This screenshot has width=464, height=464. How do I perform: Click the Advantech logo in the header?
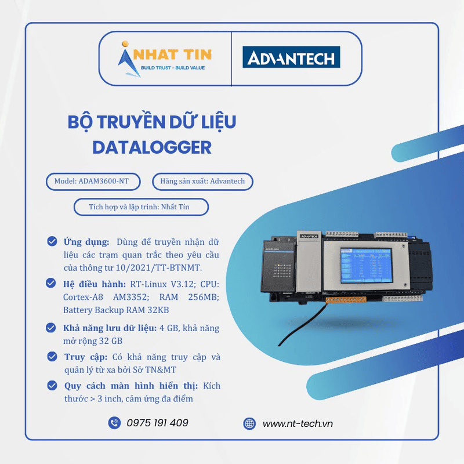pos(291,58)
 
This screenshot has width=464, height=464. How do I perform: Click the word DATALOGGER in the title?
pos(151,147)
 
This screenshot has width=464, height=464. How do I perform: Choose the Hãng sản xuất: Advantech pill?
pos(202,182)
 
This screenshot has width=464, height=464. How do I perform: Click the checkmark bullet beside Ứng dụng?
pos(52,241)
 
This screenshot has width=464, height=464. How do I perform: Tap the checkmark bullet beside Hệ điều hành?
pos(52,284)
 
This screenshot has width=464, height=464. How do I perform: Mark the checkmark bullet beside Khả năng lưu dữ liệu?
pos(52,328)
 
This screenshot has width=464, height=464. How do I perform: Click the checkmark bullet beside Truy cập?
pos(52,357)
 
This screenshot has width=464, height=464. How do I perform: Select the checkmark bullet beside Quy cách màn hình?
pos(52,386)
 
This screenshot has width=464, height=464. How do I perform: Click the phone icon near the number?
pos(114,423)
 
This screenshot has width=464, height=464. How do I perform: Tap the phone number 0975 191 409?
pos(157,423)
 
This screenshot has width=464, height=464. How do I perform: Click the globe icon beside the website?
pos(250,423)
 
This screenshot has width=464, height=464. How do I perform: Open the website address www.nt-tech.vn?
pos(298,423)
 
